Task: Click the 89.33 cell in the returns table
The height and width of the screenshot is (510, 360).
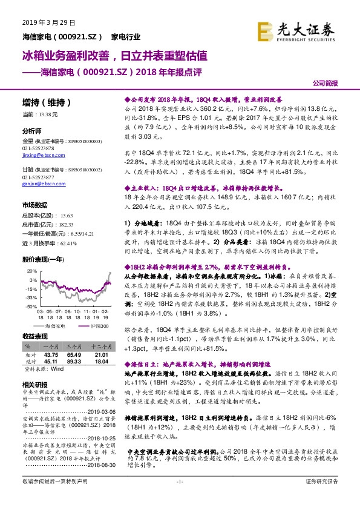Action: tap(74, 362)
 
